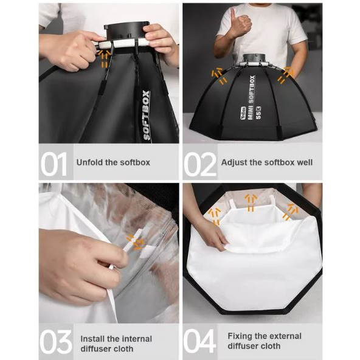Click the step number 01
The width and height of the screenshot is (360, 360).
point(54,164)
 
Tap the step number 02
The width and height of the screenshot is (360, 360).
point(200,164)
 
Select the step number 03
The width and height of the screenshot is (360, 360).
point(56,342)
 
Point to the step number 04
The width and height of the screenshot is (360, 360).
point(199,341)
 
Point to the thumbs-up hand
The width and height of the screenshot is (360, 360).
point(240,25)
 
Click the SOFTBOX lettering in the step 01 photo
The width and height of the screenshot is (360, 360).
point(147,116)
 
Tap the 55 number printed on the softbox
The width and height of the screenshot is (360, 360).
point(258,116)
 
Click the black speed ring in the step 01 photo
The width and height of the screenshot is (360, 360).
point(127,30)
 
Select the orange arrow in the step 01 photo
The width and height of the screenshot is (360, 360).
point(104,59)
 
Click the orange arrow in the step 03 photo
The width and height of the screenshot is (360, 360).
point(136,242)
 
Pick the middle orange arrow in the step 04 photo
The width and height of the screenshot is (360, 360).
point(251,202)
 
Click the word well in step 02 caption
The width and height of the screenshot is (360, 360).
point(305,162)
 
